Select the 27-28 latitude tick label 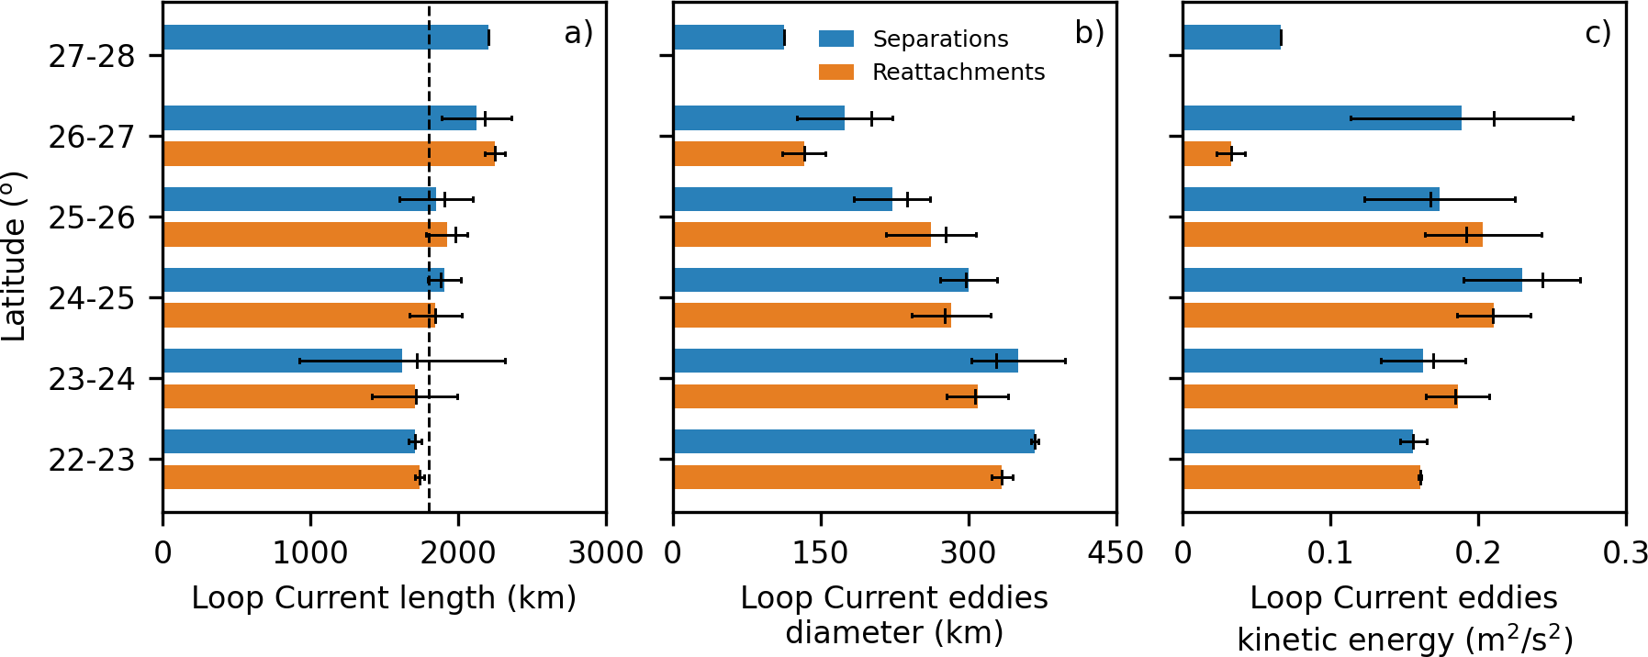point(92,56)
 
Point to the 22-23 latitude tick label point(92,460)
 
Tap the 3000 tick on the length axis point(605,552)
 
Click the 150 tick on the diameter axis point(821,552)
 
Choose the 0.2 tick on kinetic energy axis point(1478,552)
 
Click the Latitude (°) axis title point(15,257)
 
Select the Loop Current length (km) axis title point(384,597)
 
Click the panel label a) point(578,33)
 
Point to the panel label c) point(1598,33)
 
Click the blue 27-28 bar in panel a point(326,38)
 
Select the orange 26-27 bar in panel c point(1206,153)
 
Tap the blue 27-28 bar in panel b point(728,38)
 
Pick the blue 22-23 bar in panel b point(854,441)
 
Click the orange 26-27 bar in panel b point(738,153)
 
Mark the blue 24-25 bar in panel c point(1351,280)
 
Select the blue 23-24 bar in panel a point(282,361)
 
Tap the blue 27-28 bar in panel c point(1231,38)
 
